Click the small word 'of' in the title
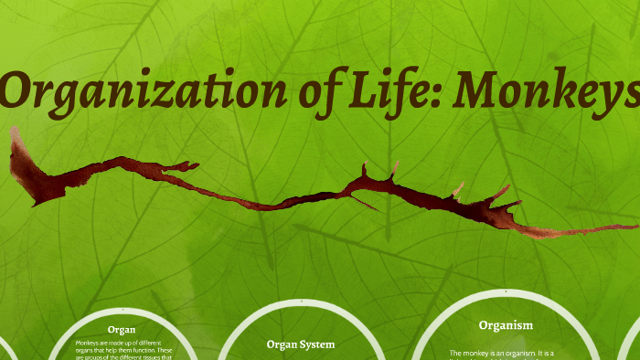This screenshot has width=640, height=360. click(x=320, y=93)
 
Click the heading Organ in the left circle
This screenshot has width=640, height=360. click(x=122, y=329)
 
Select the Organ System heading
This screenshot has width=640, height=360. click(x=301, y=344)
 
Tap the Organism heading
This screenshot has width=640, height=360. click(x=506, y=324)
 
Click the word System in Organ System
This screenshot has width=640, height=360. click(x=316, y=344)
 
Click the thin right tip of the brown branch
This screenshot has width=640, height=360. click(x=631, y=224)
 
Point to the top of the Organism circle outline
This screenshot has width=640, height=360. click(x=506, y=292)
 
